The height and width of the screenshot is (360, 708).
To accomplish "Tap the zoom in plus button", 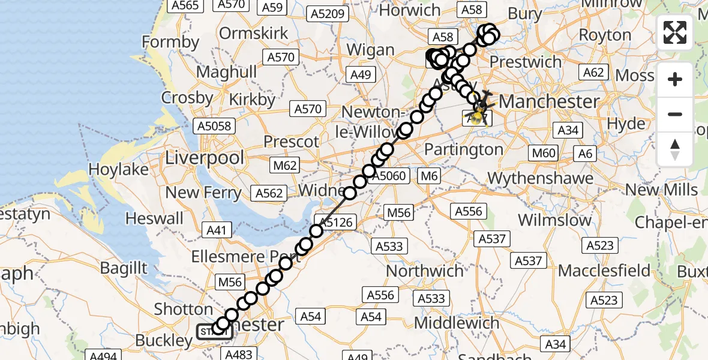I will [675, 79].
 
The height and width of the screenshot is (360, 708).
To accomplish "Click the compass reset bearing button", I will [675, 149].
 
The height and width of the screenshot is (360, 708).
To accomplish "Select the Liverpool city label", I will [205, 158].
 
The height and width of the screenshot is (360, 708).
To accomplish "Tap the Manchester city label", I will [549, 101].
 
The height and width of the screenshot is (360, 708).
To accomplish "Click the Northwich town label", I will [425, 271].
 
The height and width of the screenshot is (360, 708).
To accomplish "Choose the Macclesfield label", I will [604, 271].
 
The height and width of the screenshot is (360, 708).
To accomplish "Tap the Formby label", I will [170, 42].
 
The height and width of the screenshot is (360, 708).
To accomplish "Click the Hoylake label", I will [118, 170].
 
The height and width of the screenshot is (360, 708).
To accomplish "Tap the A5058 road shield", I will [215, 126].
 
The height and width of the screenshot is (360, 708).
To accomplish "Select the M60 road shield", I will [543, 153].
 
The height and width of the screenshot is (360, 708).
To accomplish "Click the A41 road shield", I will [218, 229].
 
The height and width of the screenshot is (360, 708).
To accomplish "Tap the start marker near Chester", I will [213, 331].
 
